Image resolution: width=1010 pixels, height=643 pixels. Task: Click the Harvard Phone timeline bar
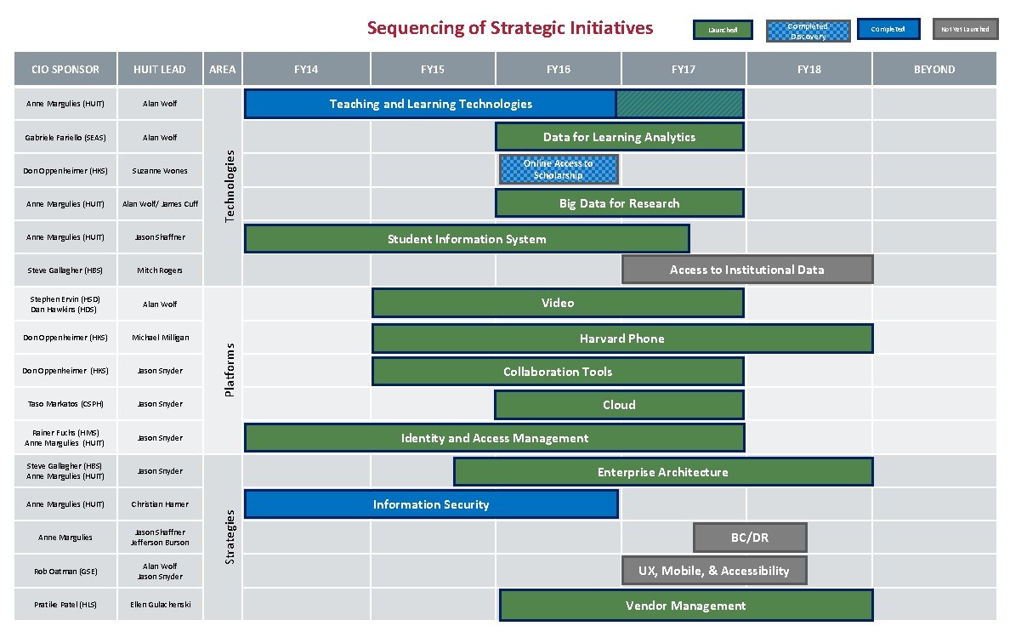point(621,339)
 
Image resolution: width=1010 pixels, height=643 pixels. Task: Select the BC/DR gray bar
point(749,538)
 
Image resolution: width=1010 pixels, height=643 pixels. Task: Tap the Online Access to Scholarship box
point(559,169)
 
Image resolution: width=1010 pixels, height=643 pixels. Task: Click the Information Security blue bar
point(431,504)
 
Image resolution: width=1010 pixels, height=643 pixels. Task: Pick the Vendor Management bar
point(685,606)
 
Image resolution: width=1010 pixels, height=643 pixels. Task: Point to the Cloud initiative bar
point(619,405)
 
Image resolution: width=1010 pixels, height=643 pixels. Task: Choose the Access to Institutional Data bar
point(746,270)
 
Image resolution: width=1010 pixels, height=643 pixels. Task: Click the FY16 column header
point(558,69)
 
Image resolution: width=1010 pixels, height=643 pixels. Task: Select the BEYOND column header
point(934,69)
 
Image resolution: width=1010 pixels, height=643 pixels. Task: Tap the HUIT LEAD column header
point(160,69)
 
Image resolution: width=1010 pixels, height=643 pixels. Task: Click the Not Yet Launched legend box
point(965,30)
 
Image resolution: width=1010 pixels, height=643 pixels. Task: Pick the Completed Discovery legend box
point(807,31)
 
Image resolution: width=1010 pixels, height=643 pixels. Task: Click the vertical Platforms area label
point(229,369)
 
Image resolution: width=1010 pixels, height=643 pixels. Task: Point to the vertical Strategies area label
point(229,536)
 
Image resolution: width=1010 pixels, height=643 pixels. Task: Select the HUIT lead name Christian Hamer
point(160,504)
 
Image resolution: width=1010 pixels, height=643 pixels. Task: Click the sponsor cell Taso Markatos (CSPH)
point(65,404)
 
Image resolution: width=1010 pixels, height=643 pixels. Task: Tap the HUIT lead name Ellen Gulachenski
point(160,605)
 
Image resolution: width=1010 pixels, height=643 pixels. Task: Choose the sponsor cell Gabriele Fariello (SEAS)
point(65,137)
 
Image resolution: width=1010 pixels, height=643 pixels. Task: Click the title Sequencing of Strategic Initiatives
point(510,28)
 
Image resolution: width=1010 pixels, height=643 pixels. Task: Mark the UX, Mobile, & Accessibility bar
point(714,571)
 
